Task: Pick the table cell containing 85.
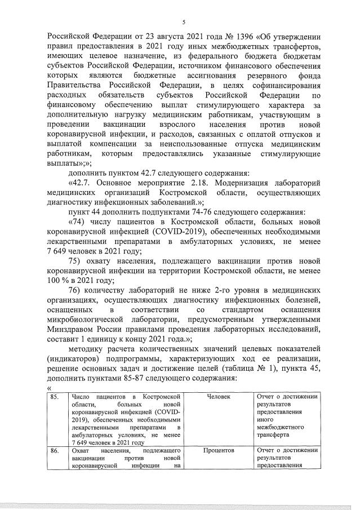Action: coord(54,397)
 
